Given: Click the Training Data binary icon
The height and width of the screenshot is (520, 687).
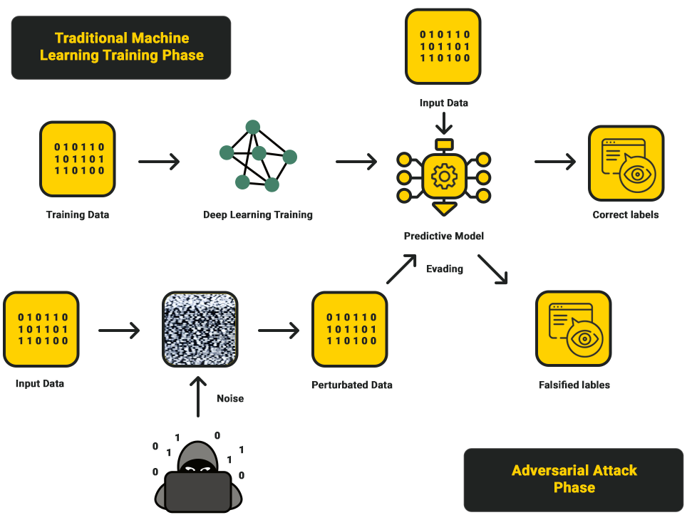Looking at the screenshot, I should click(78, 159).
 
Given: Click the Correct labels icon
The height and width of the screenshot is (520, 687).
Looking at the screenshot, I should click(626, 163).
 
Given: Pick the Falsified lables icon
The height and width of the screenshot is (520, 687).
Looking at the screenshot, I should click(573, 328).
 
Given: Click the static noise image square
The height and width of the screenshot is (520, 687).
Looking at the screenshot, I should click(200, 329).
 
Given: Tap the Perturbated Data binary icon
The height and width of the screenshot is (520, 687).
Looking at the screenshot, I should click(350, 329).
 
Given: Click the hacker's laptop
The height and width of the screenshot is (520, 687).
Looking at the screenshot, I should click(197, 491).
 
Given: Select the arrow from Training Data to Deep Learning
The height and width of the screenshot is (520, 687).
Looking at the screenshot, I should click(159, 162).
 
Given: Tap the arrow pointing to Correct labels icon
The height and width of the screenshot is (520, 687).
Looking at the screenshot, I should click(555, 162).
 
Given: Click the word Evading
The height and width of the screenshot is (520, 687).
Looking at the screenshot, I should click(445, 269).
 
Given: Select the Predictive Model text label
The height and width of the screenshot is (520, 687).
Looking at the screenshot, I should click(443, 236).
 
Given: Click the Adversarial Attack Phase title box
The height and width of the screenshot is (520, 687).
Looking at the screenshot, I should click(574, 479).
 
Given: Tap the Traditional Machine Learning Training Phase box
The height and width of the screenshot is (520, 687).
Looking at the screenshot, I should click(121, 47).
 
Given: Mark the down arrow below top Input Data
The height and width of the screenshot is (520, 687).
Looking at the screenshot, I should click(444, 123).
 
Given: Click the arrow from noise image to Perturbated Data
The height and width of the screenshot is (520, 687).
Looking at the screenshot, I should click(279, 330).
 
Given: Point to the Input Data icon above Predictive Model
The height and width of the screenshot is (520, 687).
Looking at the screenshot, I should click(443, 46).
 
